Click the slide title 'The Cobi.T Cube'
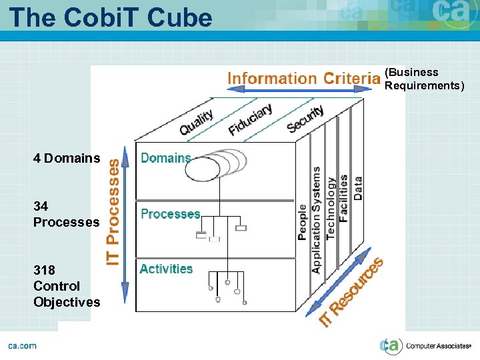(111, 17)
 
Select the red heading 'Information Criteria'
(303, 79)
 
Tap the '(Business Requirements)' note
(424, 79)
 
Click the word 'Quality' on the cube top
(197, 121)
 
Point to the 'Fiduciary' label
(250, 119)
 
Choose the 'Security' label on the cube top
(305, 119)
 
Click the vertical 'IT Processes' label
(114, 211)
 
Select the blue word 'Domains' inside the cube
(165, 158)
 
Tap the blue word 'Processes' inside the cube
(170, 214)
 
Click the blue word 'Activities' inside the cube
(166, 269)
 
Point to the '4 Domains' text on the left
(67, 159)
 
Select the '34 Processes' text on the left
(66, 214)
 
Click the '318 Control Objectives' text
(67, 286)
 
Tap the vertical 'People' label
(303, 222)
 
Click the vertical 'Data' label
(358, 189)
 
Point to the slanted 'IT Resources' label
(351, 291)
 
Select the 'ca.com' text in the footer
(22, 345)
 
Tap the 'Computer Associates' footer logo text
(437, 346)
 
